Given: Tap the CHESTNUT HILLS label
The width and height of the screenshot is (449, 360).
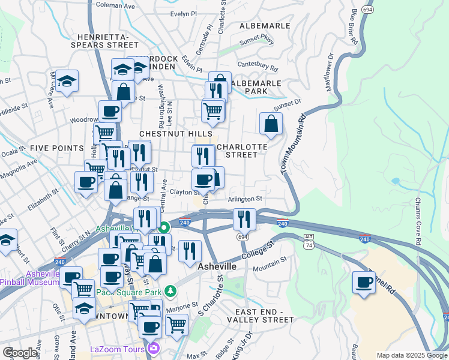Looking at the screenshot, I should [x=175, y=133].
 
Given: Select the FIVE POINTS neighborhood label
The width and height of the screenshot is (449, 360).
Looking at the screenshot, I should [x=56, y=148].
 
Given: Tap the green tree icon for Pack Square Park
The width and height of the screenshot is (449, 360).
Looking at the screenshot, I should [x=171, y=290].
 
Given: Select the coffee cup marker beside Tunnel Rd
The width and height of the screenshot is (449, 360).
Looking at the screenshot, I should [x=364, y=283].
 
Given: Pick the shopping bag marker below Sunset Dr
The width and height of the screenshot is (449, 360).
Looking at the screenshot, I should [x=271, y=124].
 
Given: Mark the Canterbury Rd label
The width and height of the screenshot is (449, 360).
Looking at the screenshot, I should [x=258, y=65].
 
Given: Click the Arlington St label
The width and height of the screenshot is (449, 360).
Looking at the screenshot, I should [x=245, y=199].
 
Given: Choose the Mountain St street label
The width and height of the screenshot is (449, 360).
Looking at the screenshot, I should [x=268, y=265].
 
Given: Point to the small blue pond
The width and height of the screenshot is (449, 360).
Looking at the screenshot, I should [x=395, y=181].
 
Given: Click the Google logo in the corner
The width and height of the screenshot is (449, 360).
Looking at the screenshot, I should [x=20, y=353].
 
